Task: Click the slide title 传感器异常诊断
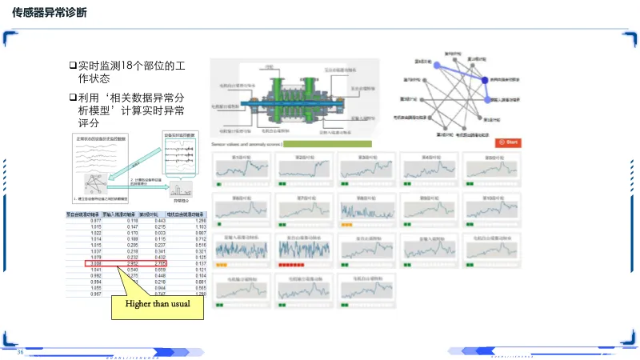(50, 14)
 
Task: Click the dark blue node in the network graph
(485, 79)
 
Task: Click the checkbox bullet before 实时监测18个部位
(71, 64)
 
